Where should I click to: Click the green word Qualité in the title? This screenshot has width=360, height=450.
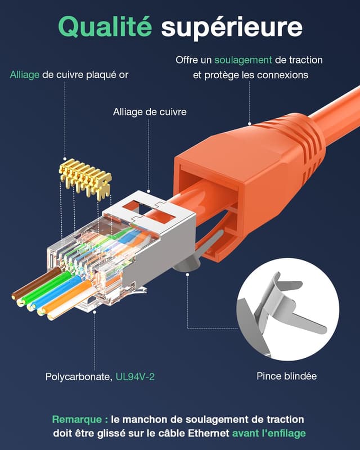click(x=105, y=26)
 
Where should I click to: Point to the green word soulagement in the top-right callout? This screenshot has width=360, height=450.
click(x=243, y=60)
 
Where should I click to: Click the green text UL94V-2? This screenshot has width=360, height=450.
click(x=135, y=376)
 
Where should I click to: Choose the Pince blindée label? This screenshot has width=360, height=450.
click(x=286, y=376)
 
